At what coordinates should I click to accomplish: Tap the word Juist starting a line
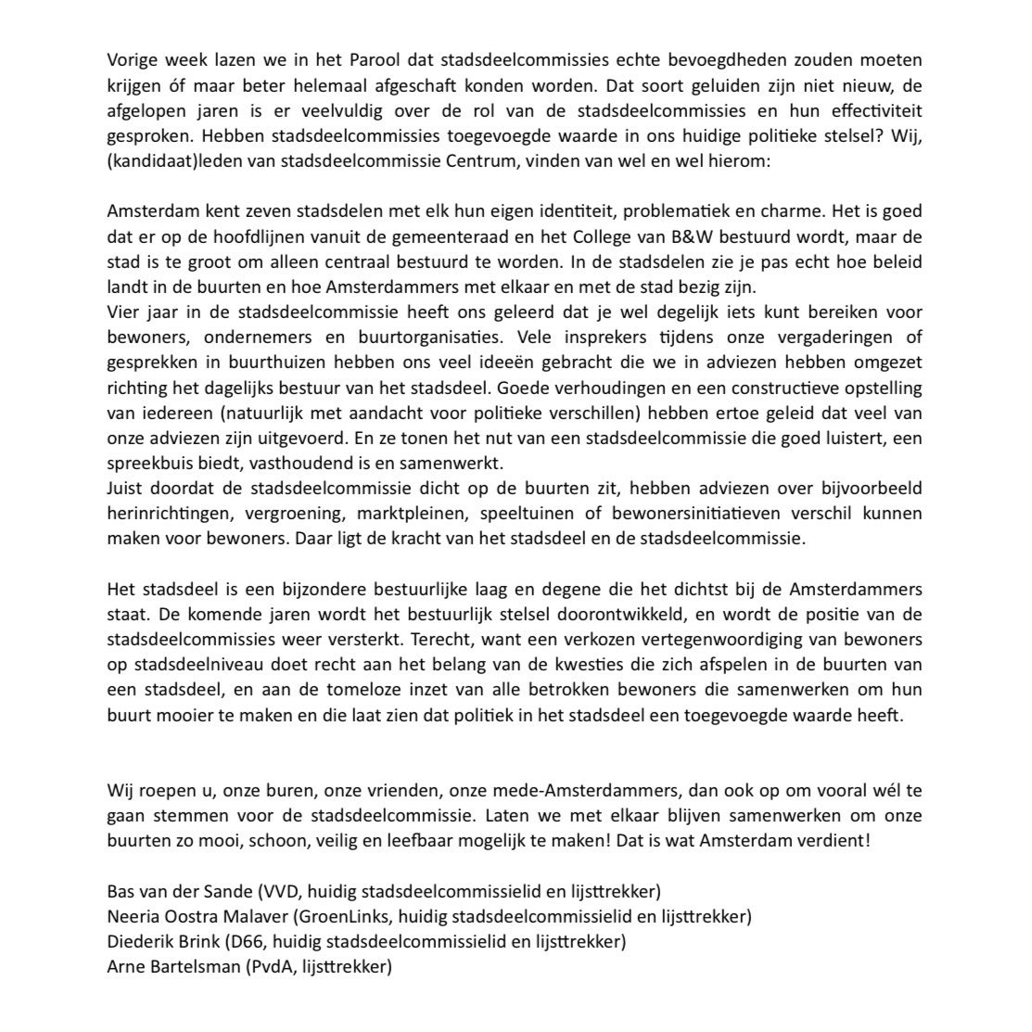[126, 488]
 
